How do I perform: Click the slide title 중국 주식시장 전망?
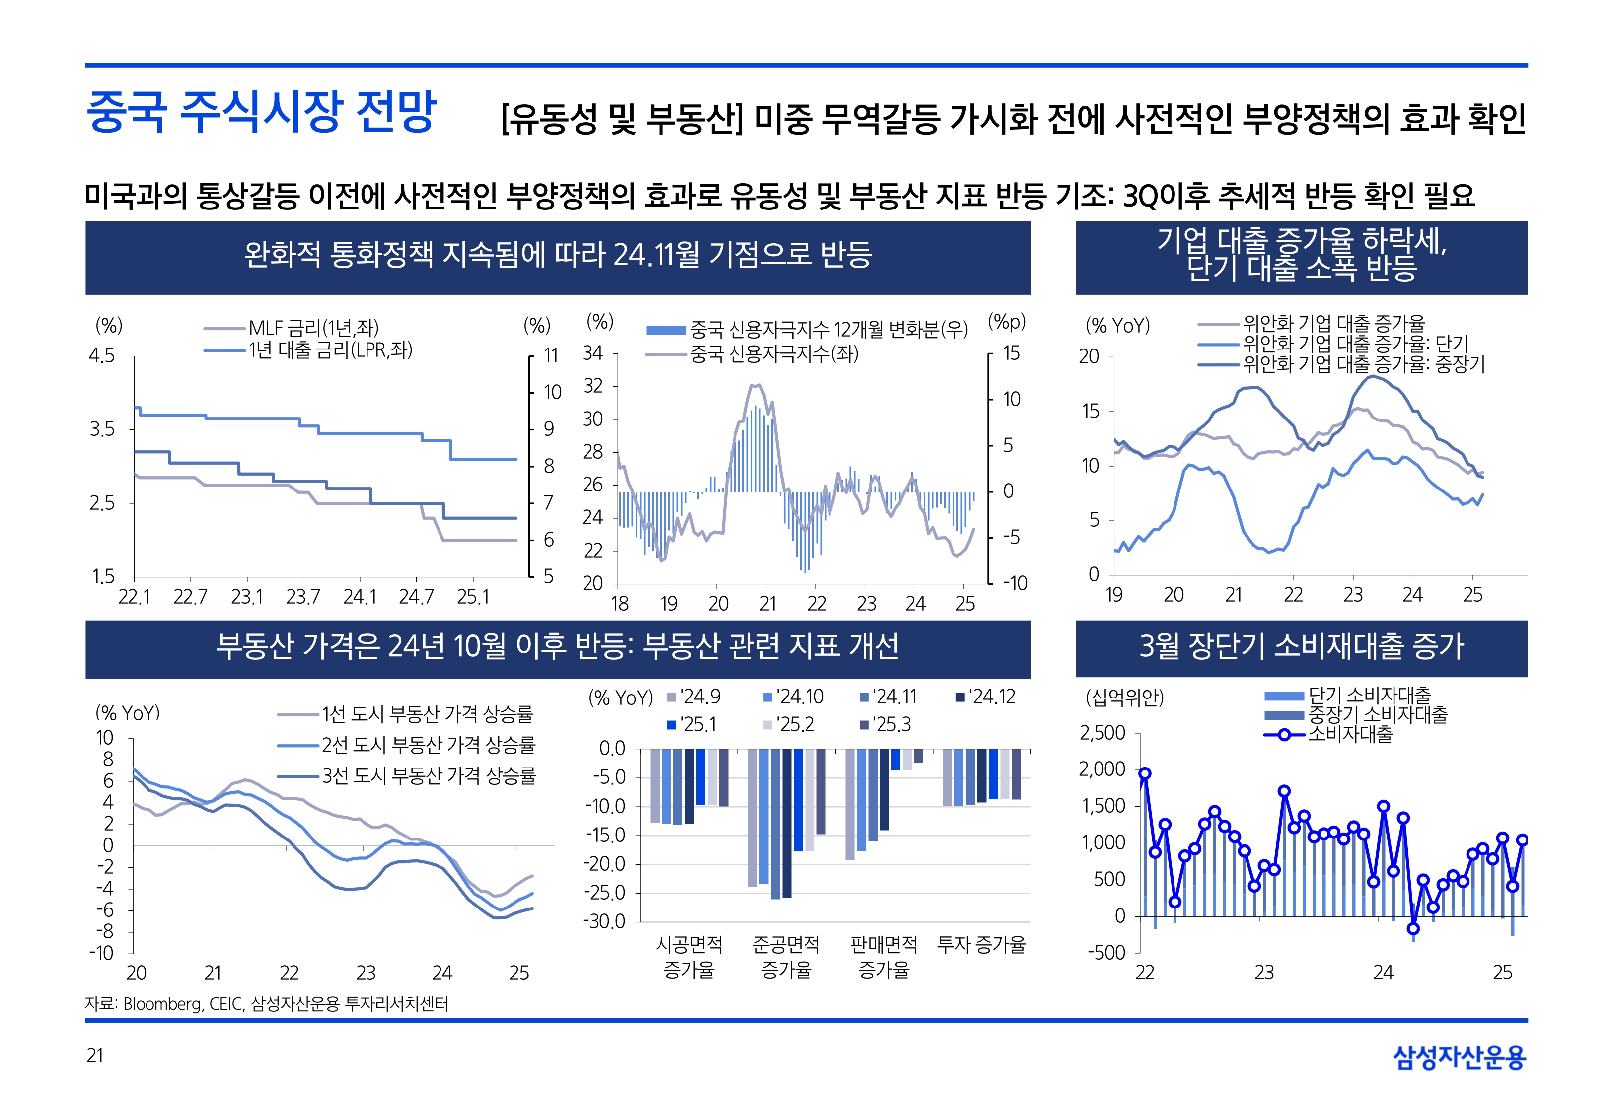click(261, 112)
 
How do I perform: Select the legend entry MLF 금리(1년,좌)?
click(313, 328)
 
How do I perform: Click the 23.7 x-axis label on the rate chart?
click(302, 597)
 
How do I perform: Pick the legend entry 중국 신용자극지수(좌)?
click(773, 354)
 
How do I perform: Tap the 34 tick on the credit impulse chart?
click(593, 353)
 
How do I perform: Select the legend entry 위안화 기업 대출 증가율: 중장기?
click(1363, 364)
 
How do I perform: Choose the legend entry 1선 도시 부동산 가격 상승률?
click(427, 714)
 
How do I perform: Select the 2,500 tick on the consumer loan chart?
click(1102, 733)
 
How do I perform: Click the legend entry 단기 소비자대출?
click(1368, 696)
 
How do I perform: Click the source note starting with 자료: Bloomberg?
click(267, 1004)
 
